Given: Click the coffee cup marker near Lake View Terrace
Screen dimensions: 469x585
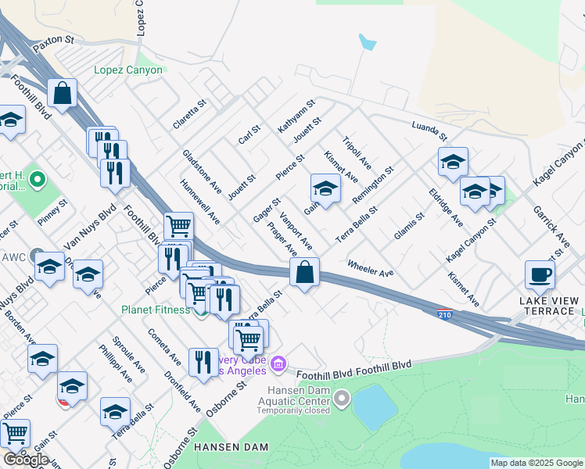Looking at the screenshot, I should pyautogui.click(x=540, y=275).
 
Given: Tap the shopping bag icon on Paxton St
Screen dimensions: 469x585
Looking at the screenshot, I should pyautogui.click(x=62, y=94).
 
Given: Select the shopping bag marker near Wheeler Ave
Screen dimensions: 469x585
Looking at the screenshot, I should pyautogui.click(x=305, y=274).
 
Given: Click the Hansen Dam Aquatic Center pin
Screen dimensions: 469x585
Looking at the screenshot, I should pyautogui.click(x=341, y=400).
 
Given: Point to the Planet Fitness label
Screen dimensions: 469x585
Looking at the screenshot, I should pyautogui.click(x=155, y=310).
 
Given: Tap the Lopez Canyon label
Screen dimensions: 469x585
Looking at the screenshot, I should pyautogui.click(x=128, y=70).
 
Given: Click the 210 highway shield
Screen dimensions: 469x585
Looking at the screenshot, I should pyautogui.click(x=442, y=313).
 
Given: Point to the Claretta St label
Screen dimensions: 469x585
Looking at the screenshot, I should pyautogui.click(x=189, y=114).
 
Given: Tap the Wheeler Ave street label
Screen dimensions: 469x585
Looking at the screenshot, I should pyautogui.click(x=370, y=268).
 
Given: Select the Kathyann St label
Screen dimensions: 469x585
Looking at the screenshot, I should pyautogui.click(x=296, y=115).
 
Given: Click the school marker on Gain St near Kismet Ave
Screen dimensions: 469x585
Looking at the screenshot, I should pyautogui.click(x=325, y=188).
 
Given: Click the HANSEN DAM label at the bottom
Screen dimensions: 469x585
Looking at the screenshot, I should pyautogui.click(x=231, y=447).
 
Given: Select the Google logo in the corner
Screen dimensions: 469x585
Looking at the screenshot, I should pyautogui.click(x=26, y=459).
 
